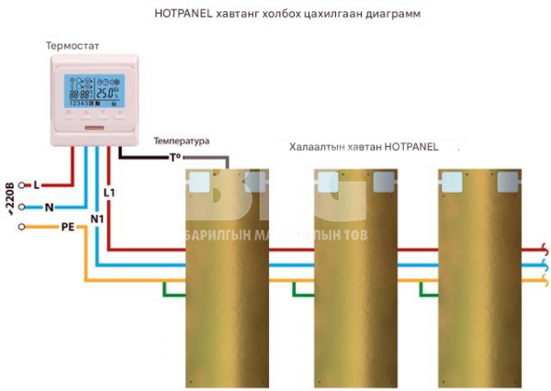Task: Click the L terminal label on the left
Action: tap(36, 185)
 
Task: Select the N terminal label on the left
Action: tap(49, 207)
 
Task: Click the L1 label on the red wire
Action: tap(110, 193)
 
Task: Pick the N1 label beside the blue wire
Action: tap(97, 218)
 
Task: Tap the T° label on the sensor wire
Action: tap(174, 157)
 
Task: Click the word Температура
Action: tap(181, 140)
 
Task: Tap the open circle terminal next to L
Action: tap(22, 185)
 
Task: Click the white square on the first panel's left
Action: tap(198, 183)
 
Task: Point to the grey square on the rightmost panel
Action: tap(508, 183)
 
